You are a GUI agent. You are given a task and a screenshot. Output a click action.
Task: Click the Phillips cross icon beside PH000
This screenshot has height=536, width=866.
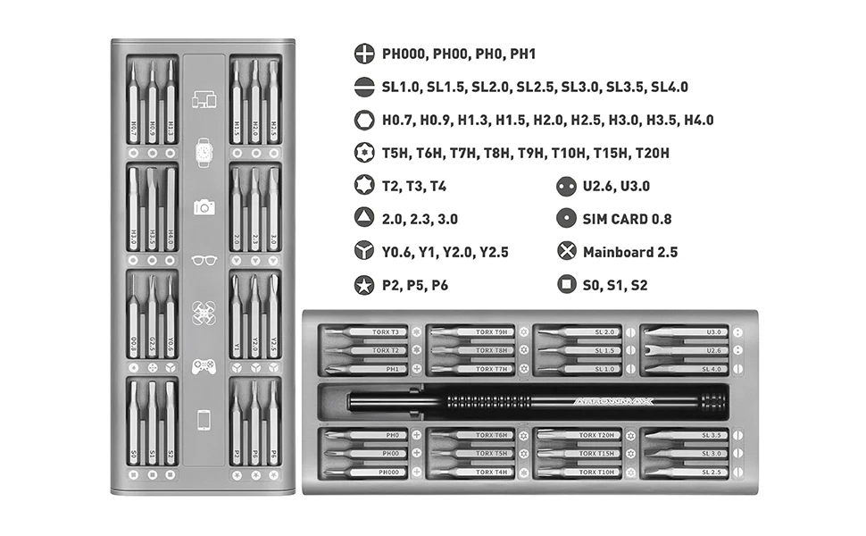pyautogui.click(x=363, y=54)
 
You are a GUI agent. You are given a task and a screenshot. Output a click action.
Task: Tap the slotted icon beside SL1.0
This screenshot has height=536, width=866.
pyautogui.click(x=363, y=87)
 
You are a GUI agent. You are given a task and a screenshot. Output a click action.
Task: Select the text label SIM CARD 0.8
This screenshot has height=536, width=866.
pyautogui.click(x=627, y=219)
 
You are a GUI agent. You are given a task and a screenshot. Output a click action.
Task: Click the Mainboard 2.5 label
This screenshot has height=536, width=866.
pyautogui.click(x=629, y=252)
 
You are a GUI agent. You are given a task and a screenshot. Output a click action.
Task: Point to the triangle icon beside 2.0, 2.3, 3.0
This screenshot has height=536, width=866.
pyautogui.click(x=363, y=219)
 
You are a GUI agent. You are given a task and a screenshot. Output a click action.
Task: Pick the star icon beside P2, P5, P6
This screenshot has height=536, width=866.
pyautogui.click(x=363, y=285)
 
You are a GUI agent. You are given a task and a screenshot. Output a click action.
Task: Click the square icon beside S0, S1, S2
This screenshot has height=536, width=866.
pyautogui.click(x=565, y=285)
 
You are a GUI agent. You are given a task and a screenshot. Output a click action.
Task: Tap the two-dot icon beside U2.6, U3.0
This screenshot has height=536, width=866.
pyautogui.click(x=565, y=186)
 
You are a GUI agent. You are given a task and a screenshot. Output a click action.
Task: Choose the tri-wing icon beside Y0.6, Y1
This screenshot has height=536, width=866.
pyautogui.click(x=363, y=252)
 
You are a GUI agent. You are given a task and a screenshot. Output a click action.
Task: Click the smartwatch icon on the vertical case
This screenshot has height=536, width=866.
pyautogui.click(x=204, y=152)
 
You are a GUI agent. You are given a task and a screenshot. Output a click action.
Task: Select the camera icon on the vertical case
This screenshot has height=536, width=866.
pyautogui.click(x=204, y=206)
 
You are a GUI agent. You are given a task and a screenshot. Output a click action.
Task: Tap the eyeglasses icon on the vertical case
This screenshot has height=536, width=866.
pyautogui.click(x=204, y=260)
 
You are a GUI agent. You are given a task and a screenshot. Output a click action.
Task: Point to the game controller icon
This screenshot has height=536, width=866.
pyautogui.click(x=204, y=365)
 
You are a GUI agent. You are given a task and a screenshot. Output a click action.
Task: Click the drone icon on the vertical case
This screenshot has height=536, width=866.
pyautogui.click(x=204, y=313)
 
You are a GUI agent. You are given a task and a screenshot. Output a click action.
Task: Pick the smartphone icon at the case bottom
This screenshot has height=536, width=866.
pyautogui.click(x=204, y=418)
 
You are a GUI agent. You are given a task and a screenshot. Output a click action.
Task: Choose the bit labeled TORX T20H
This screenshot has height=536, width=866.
pyautogui.click(x=580, y=435)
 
